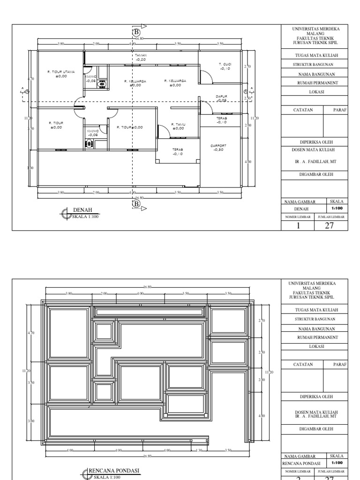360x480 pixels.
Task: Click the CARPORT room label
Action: click(x=218, y=145)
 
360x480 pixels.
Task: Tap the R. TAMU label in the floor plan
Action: click(x=178, y=124)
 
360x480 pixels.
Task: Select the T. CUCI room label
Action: click(x=225, y=64)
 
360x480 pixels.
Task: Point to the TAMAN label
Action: click(x=141, y=55)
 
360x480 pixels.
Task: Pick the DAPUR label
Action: click(x=221, y=96)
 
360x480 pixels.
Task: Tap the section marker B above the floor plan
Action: click(x=136, y=32)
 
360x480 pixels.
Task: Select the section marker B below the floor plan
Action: click(x=136, y=204)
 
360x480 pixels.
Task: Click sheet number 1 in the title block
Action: click(x=298, y=225)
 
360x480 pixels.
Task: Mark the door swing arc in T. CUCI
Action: click(x=205, y=75)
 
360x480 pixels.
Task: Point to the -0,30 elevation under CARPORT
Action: click(x=218, y=150)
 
